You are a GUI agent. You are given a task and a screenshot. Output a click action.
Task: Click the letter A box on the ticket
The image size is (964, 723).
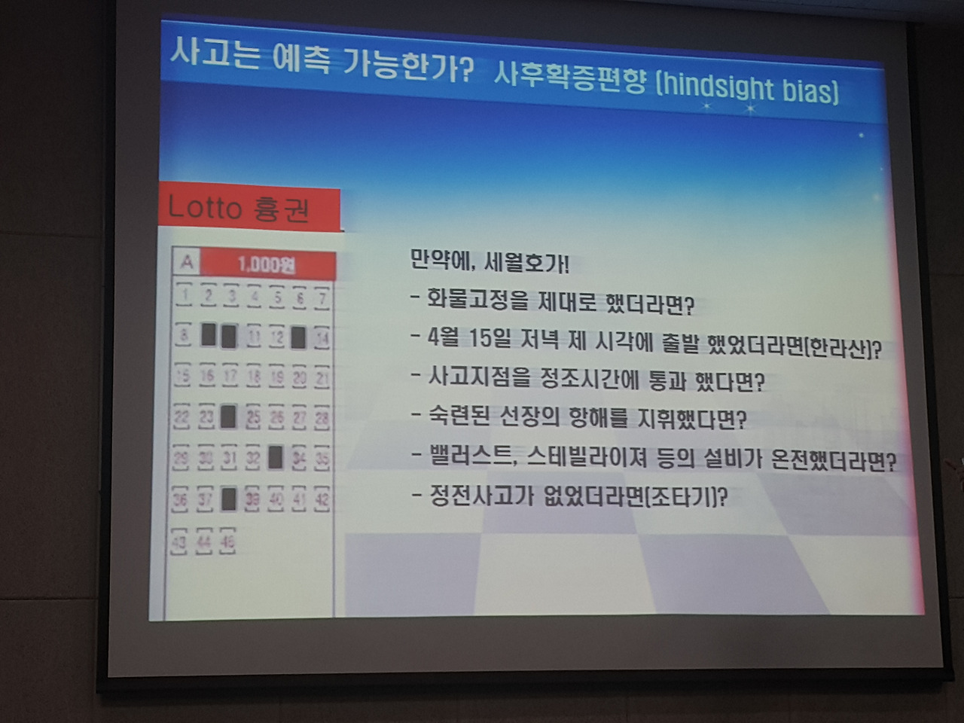186,263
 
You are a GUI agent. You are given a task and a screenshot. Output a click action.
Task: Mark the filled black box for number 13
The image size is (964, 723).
298,337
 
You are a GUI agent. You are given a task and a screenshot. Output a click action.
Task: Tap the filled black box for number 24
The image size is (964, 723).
229,416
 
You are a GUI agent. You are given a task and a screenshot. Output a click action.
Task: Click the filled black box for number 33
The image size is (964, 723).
276,456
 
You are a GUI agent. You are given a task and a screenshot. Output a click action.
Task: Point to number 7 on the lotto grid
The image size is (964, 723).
322,299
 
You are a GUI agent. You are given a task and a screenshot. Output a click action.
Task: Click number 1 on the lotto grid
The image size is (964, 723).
185,294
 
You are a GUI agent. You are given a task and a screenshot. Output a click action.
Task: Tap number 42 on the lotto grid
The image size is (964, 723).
322,499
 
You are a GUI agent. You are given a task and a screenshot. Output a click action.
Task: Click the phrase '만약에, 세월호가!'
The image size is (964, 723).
490,263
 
